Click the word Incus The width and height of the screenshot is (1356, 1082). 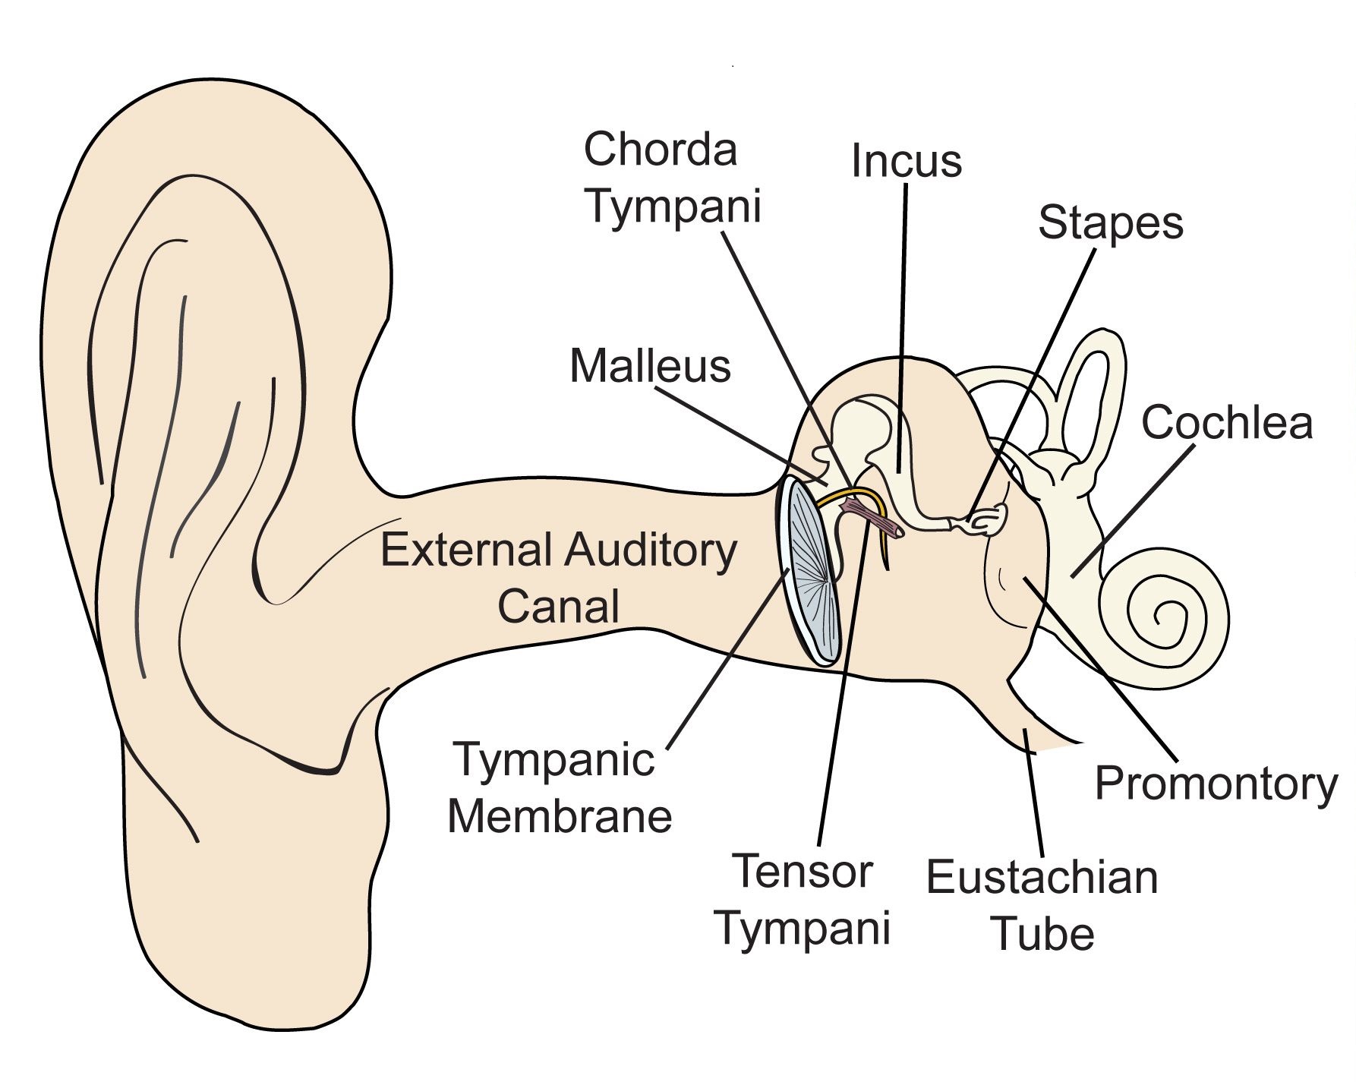coord(906,161)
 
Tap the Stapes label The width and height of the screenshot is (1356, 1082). coord(1110,223)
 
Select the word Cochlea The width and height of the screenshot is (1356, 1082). coord(1226,422)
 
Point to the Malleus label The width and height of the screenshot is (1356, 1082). coord(650,366)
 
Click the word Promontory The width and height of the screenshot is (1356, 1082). coord(1216,784)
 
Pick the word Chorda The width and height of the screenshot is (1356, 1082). coord(661,149)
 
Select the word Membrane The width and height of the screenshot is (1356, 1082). coord(560,816)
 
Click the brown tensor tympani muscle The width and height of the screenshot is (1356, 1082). coord(873,518)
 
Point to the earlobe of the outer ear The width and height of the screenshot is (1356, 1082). coord(251,934)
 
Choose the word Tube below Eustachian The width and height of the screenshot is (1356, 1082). coord(1043,934)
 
